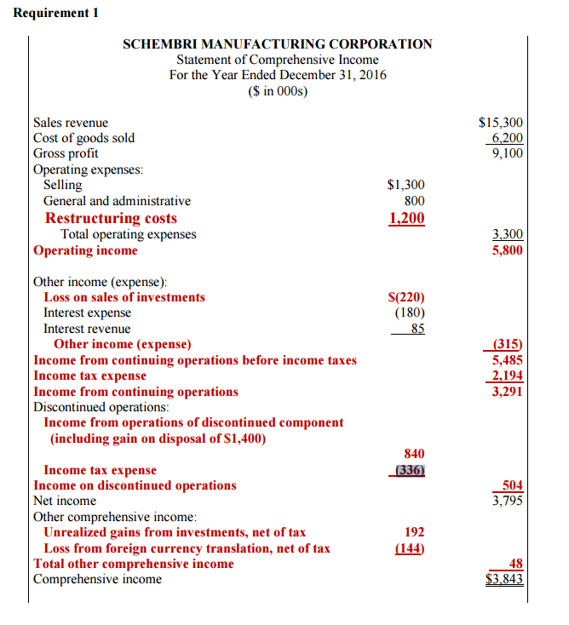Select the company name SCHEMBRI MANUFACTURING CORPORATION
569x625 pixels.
(277, 44)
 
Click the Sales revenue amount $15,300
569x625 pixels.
(501, 123)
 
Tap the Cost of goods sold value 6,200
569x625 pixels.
(507, 138)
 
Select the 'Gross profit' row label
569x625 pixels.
(66, 153)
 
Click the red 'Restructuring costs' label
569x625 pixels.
(111, 218)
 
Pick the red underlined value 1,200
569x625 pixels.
(406, 218)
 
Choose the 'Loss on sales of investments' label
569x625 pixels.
(124, 297)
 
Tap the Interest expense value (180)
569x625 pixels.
(409, 312)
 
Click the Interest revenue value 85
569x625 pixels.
(417, 329)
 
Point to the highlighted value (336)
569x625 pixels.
(409, 470)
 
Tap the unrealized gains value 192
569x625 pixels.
(414, 532)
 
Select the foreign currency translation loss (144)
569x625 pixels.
(410, 548)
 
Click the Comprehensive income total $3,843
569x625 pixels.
(503, 580)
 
